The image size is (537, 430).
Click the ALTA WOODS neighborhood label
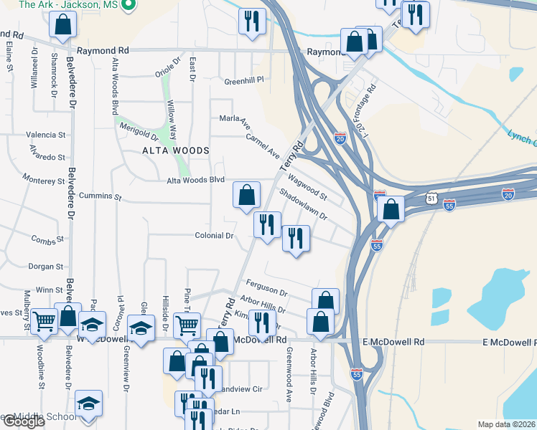(176, 150)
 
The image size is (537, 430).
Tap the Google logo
(24, 422)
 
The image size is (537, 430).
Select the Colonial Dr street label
(215, 235)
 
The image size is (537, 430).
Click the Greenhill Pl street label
(244, 80)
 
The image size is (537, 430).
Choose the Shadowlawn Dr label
(303, 205)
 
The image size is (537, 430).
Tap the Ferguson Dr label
(266, 288)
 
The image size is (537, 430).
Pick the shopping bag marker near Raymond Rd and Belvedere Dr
(63, 26)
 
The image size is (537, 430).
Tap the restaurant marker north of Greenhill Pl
(252, 21)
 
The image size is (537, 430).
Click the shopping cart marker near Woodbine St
(44, 321)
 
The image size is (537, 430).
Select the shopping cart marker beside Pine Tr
(187, 325)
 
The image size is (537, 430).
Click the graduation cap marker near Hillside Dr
(141, 329)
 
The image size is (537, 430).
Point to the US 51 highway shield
(431, 197)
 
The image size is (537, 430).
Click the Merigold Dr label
(139, 132)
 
